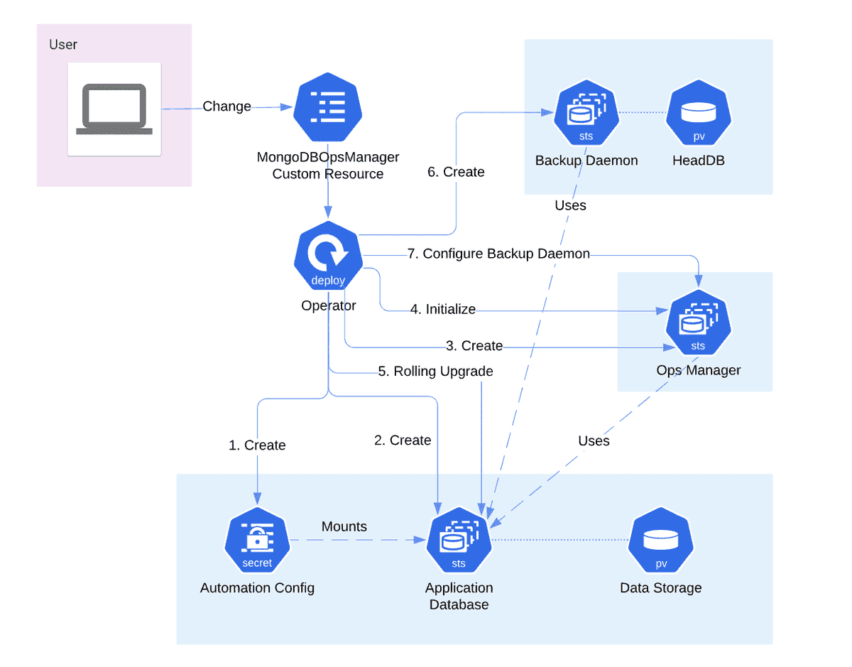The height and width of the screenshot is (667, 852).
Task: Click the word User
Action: click(63, 45)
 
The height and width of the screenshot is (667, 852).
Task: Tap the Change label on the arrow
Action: click(226, 107)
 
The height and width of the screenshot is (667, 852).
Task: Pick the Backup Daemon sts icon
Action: click(586, 114)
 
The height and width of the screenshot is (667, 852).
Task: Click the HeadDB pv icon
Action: click(699, 114)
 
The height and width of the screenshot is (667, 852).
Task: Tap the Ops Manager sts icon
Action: click(698, 324)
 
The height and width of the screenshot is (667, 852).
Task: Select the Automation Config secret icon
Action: click(257, 540)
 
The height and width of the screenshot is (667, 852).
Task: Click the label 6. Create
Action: click(456, 172)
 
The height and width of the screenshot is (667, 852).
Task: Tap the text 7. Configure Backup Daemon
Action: click(498, 254)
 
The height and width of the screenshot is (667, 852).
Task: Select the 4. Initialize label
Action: click(442, 309)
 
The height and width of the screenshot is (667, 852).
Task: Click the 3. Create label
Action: click(474, 346)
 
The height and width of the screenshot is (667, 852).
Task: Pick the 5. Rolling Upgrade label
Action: click(435, 372)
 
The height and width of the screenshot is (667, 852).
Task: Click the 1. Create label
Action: click(257, 445)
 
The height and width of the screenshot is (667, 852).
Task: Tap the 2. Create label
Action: click(403, 440)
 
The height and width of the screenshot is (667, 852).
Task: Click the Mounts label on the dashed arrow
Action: click(344, 526)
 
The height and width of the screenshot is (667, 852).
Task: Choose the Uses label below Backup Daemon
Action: click(571, 205)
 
